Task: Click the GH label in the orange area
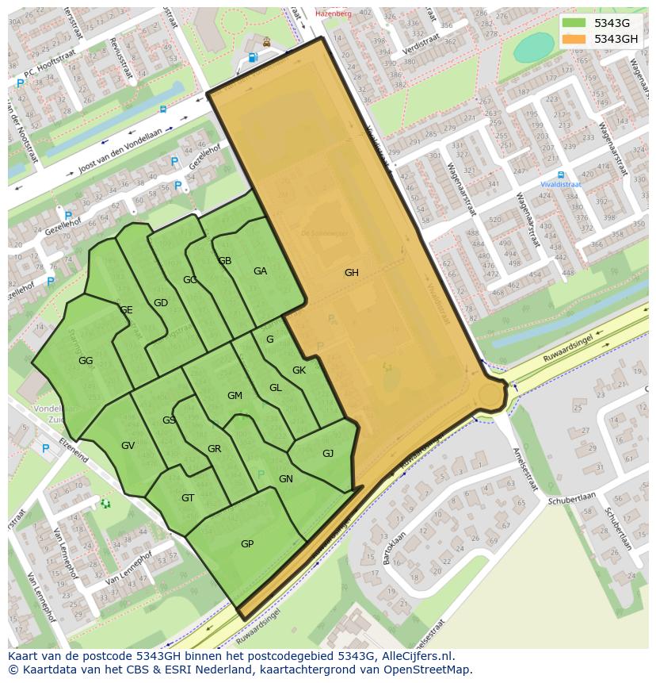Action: pos(351,273)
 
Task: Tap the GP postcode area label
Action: pos(247,544)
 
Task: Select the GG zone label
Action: pos(86,361)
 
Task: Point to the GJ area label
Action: pos(328,454)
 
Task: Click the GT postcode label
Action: pos(188,498)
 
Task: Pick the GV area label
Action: pos(128,446)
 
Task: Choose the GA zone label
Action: pos(260,271)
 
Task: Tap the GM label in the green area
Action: pos(235,396)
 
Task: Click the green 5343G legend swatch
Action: pos(574,23)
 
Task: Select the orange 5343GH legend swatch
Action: pos(574,39)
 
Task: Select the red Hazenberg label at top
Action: pos(332,13)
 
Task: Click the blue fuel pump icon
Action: pos(253,57)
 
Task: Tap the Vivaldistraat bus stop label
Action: pos(561,184)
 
